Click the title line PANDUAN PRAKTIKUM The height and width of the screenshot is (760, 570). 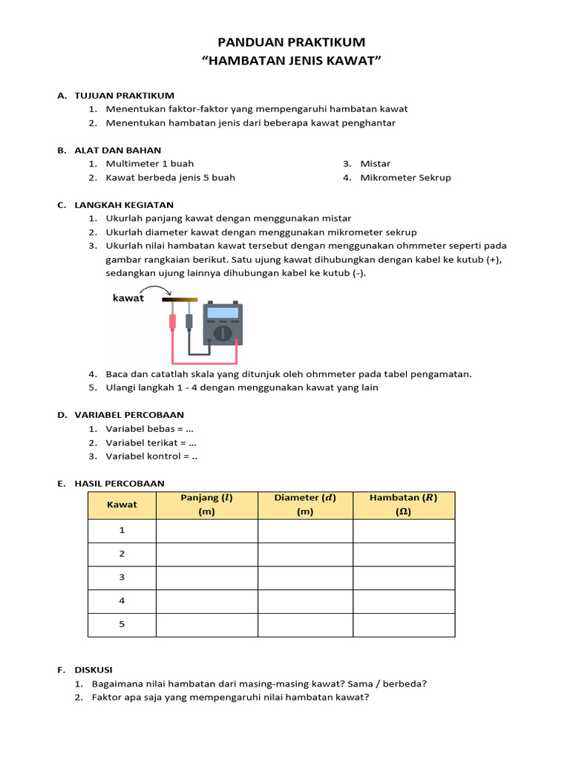[x=292, y=42]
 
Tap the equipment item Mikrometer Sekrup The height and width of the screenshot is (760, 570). [x=405, y=178]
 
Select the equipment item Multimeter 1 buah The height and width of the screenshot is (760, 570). [x=150, y=164]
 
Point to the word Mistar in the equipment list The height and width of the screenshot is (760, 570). [x=376, y=164]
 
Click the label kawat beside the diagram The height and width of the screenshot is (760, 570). [x=128, y=298]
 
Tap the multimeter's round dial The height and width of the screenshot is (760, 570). [x=222, y=333]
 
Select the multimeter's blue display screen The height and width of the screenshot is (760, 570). [x=223, y=313]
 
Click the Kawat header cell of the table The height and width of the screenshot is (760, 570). [x=122, y=505]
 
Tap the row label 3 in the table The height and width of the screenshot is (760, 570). [x=122, y=577]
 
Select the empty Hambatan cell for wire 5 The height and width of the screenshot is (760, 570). [x=404, y=625]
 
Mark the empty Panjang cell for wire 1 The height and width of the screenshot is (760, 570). [x=206, y=531]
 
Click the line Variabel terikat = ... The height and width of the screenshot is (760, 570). [x=145, y=443]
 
